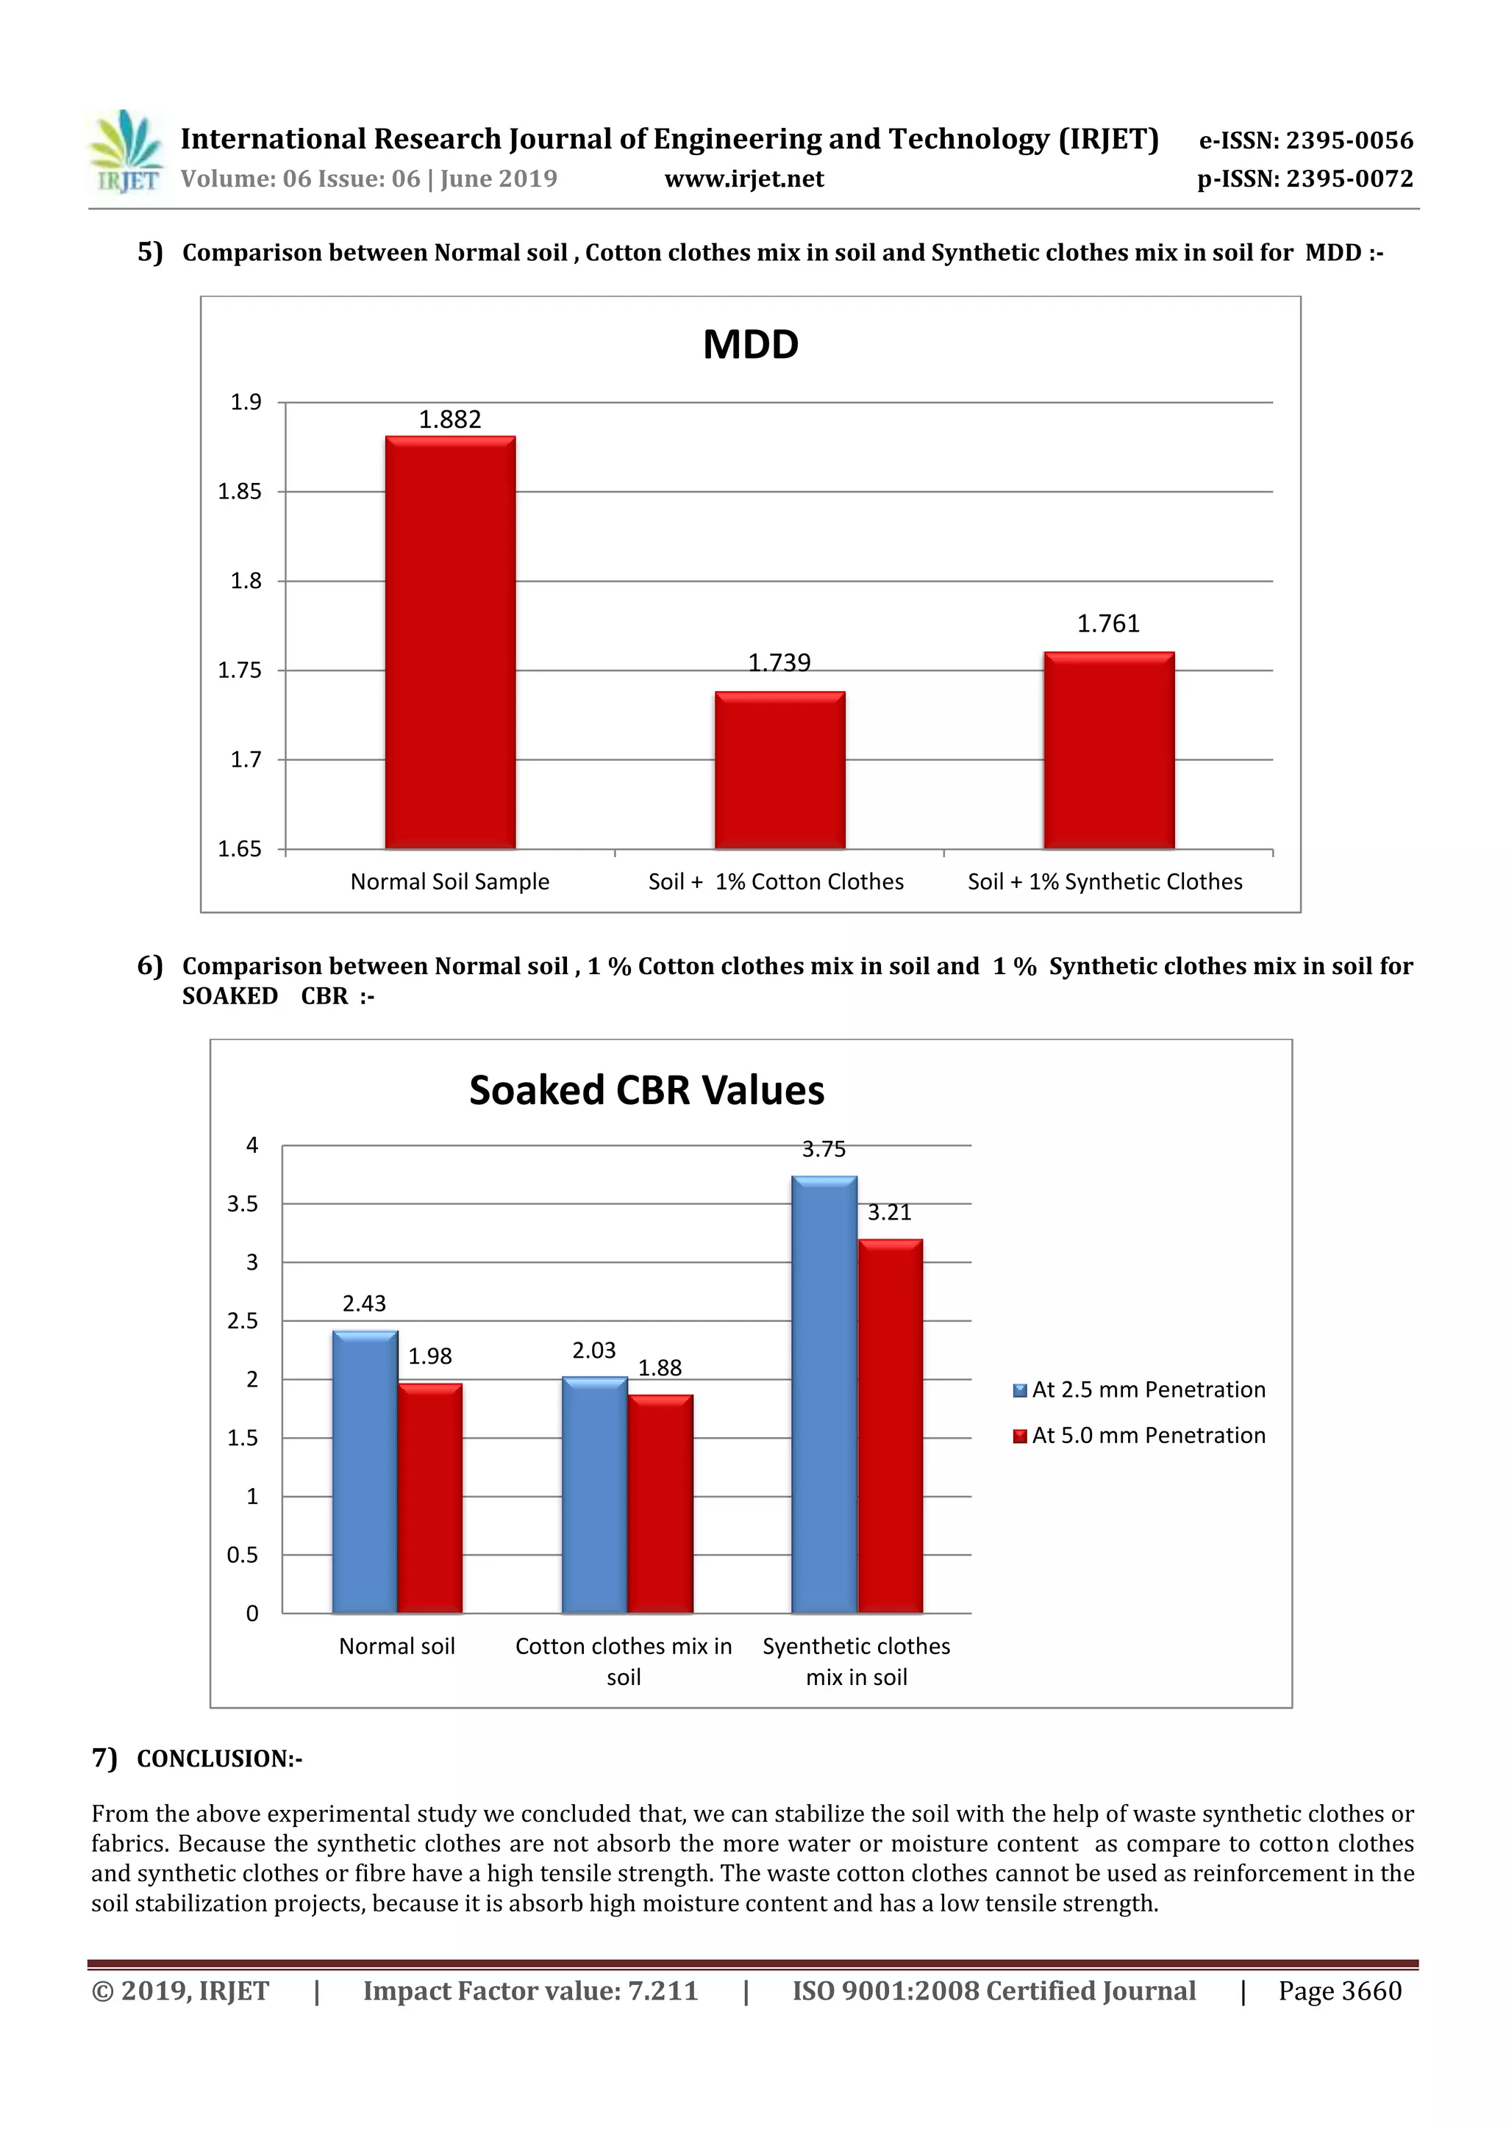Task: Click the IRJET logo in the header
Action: [x=125, y=151]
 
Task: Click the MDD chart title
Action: [x=750, y=345]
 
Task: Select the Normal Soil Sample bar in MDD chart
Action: [x=451, y=643]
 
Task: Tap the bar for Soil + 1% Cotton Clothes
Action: [x=780, y=770]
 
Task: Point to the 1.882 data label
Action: [x=450, y=420]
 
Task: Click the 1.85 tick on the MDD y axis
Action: [x=240, y=492]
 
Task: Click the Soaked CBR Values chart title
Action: [x=646, y=1090]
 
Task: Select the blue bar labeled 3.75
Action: [x=824, y=1395]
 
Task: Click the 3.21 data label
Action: [x=889, y=1213]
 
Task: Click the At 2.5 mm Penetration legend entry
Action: [x=1140, y=1390]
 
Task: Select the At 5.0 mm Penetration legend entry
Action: [x=1140, y=1436]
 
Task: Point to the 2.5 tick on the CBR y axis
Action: [x=243, y=1321]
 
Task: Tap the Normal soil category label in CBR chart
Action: [x=397, y=1647]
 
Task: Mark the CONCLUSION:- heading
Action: [x=220, y=1759]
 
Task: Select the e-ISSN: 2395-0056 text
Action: [x=1307, y=140]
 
